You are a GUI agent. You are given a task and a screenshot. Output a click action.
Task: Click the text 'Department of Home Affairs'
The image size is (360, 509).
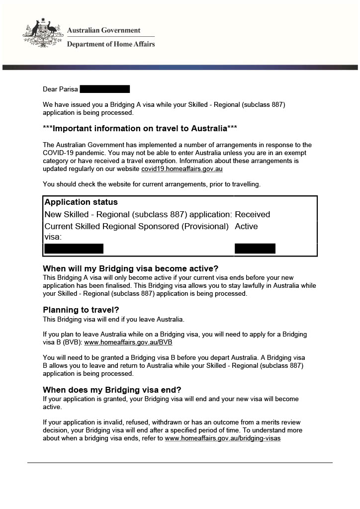[111, 44]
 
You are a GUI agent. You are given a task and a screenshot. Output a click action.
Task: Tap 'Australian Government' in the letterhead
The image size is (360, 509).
[104, 31]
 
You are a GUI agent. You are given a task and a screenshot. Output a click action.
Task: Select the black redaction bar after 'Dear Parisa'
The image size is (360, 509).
[104, 89]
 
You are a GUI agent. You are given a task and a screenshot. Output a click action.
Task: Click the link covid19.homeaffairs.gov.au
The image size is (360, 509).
[182, 169]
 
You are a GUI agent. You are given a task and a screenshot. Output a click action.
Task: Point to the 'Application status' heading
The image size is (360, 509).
[81, 202]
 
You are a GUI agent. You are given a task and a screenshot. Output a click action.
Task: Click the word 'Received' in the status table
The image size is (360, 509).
[252, 215]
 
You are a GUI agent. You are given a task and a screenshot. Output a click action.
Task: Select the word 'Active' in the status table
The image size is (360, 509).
[246, 227]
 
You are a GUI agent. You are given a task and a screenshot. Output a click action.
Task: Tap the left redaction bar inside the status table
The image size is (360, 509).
[74, 249]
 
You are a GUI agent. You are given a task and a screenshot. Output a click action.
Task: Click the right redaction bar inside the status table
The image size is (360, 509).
[255, 249]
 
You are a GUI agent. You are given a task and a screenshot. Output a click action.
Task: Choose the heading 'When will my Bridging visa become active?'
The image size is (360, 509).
[131, 268]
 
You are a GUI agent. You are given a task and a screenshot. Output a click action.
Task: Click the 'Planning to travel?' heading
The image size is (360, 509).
[81, 310]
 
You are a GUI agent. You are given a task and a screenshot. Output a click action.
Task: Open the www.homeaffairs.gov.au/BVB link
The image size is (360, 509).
[128, 342]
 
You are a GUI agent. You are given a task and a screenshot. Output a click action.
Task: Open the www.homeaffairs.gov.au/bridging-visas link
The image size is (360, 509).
[222, 438]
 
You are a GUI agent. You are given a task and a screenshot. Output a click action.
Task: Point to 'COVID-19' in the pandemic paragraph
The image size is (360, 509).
[59, 153]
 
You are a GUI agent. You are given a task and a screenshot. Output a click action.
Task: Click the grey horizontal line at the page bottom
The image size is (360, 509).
[180, 463]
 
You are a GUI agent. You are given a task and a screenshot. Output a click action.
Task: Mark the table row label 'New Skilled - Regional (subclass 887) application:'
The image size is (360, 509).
[138, 215]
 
